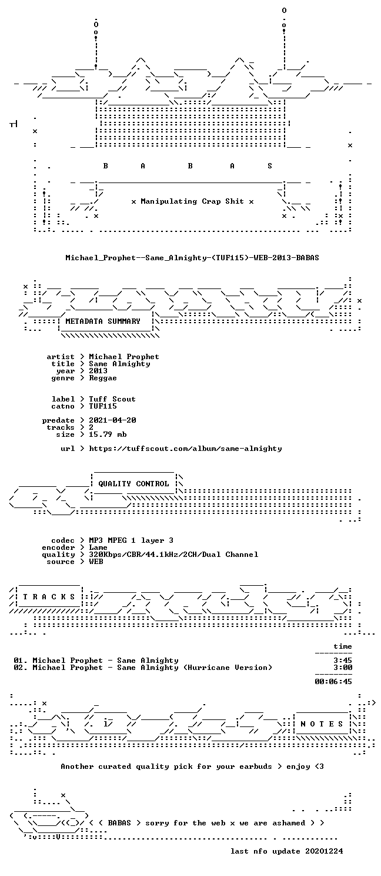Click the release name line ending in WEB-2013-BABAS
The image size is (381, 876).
click(x=192, y=258)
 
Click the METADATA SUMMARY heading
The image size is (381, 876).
click(x=103, y=321)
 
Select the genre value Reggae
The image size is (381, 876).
click(x=103, y=378)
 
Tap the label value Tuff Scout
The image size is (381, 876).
click(x=112, y=399)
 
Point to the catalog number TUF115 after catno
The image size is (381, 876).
click(x=103, y=406)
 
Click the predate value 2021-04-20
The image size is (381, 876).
click(x=112, y=420)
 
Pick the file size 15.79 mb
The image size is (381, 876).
click(x=108, y=434)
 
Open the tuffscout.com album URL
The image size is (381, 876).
click(x=185, y=449)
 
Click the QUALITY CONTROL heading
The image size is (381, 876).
click(x=133, y=484)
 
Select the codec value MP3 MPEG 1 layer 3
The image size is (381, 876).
click(x=131, y=540)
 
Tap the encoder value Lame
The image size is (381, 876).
click(x=98, y=547)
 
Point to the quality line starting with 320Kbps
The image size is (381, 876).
click(x=173, y=555)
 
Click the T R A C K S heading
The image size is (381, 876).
click(x=49, y=597)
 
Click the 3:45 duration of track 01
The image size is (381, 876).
click(x=343, y=661)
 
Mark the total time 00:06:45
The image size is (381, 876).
click(x=333, y=682)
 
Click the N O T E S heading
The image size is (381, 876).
click(x=322, y=724)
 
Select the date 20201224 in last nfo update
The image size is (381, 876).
click(x=324, y=851)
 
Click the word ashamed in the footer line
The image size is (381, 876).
click(x=289, y=823)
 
